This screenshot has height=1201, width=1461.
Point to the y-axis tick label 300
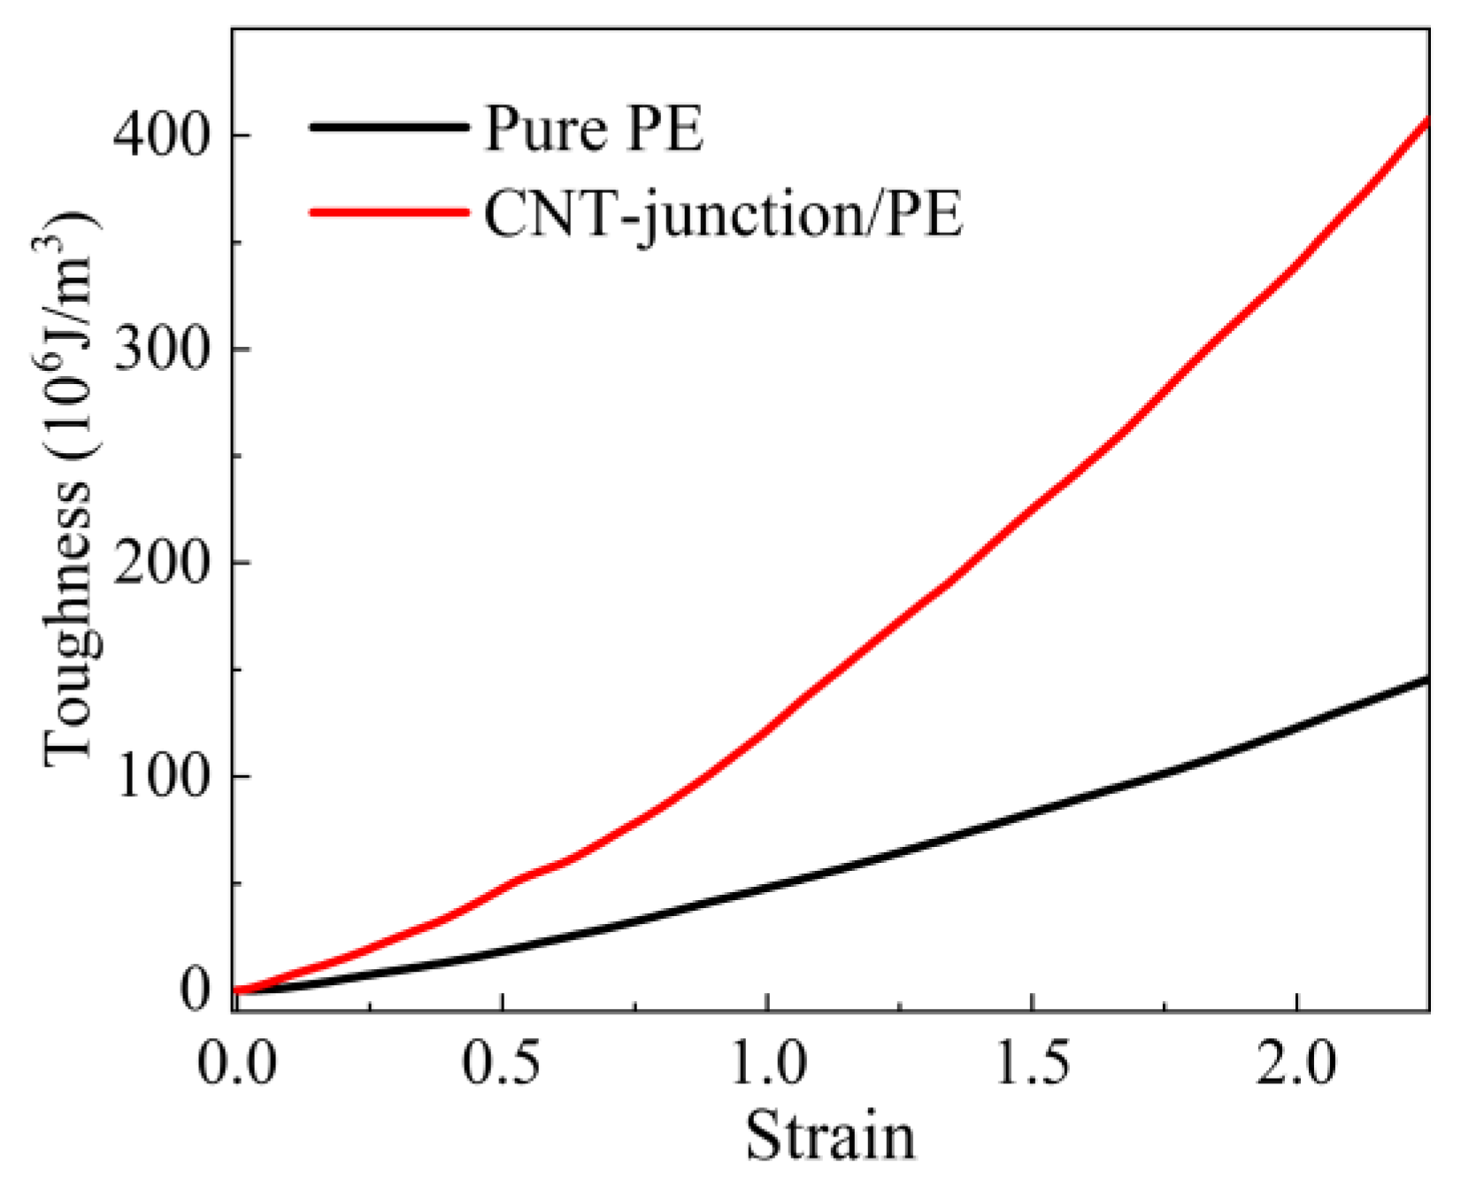pos(165,349)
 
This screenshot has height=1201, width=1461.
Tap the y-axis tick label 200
pos(165,563)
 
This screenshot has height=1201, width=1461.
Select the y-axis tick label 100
pos(165,776)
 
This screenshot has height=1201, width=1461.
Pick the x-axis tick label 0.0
pos(236,1062)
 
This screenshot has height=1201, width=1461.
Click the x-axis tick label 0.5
pos(502,1062)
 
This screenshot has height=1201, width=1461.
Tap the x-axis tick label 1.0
pos(767,1062)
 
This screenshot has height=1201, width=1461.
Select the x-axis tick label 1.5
pos(1032,1062)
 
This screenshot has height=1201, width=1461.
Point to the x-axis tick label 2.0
pos(1296,1062)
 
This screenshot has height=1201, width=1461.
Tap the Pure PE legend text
pos(594,129)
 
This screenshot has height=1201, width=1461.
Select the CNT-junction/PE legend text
pos(723,214)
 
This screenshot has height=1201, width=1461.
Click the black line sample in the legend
pos(388,127)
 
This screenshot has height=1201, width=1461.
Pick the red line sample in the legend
pos(388,212)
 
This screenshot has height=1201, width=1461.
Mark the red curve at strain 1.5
pos(1032,508)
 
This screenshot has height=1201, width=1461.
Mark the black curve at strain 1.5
pos(1032,812)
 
